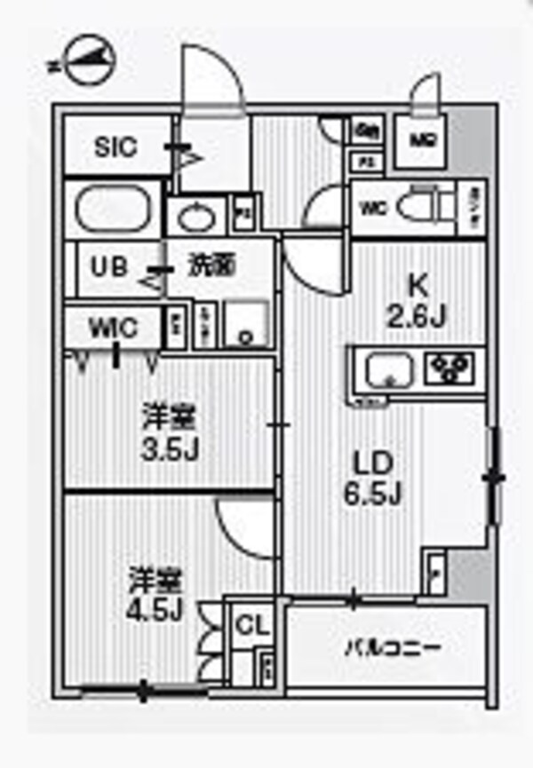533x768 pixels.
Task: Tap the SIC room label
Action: tap(115, 146)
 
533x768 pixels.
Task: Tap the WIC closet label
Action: tap(113, 328)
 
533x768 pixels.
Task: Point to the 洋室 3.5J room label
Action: tap(169, 432)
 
